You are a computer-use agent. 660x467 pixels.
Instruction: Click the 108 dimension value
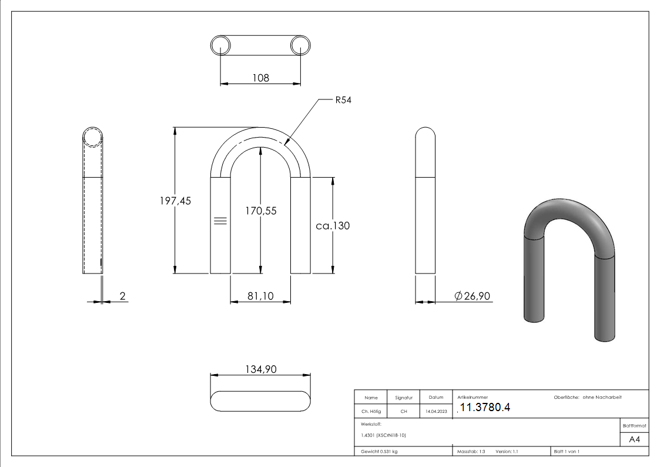point(260,78)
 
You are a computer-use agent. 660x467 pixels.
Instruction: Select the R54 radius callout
point(343,101)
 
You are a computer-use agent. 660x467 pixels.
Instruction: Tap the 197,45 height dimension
point(175,201)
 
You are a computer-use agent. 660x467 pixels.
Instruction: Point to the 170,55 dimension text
point(260,210)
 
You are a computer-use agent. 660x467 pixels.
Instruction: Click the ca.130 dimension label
point(333,225)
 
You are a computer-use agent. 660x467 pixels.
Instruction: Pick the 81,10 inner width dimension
point(260,296)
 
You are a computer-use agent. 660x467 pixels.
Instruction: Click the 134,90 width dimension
point(260,369)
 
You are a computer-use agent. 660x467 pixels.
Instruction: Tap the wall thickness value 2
point(122,296)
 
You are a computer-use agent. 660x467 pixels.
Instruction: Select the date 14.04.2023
point(436,412)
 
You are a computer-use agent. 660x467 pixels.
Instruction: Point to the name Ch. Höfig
point(370,412)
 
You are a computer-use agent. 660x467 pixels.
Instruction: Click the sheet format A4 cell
point(634,439)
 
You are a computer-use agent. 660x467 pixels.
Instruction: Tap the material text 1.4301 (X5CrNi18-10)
point(384,435)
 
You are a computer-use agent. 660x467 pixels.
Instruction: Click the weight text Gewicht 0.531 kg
point(379,452)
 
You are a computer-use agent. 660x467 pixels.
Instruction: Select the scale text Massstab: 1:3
point(471,452)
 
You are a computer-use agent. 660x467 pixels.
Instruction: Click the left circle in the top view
point(220,45)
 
